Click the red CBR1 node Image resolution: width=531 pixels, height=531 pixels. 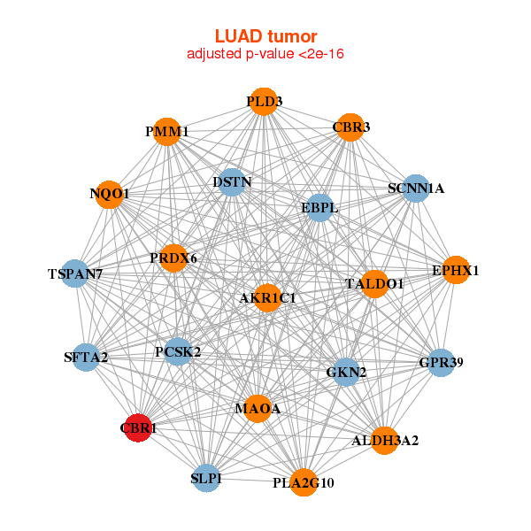coord(137,428)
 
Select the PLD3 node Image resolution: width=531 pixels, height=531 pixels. coord(263,102)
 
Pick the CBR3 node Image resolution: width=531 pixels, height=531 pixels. coord(350,127)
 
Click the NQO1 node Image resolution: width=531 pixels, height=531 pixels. coord(110,194)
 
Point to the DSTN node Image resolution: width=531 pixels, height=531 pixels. coord(232,182)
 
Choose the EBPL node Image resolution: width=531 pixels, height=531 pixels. coord(319,208)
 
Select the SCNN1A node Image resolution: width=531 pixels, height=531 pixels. coord(416,189)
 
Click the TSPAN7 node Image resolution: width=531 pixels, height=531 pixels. coord(76,274)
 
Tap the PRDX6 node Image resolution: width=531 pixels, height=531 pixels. coord(174,258)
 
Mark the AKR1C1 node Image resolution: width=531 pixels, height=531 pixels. coord(267,298)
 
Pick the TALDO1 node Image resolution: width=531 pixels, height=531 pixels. coord(374,284)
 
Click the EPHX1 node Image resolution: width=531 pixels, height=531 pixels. coord(455,270)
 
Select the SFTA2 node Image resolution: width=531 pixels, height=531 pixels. coord(86,358)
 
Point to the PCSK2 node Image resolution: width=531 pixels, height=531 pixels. coord(178,352)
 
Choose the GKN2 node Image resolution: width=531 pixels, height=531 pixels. coord(346,373)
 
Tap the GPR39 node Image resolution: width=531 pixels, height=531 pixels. coord(441,362)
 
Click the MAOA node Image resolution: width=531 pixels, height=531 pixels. coord(258,409)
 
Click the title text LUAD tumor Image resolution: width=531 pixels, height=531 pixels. coord(265,36)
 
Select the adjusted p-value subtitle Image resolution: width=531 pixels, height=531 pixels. coord(265,54)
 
